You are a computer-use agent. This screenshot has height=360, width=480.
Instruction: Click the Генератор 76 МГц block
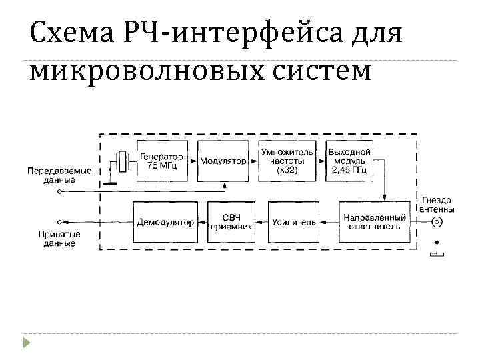(x=157, y=161)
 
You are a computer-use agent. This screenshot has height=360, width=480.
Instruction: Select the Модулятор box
(x=223, y=161)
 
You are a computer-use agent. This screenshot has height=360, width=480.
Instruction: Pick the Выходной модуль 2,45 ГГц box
(x=349, y=161)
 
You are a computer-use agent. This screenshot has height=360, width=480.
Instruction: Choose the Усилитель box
(x=293, y=221)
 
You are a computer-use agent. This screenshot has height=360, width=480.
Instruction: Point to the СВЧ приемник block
(x=230, y=221)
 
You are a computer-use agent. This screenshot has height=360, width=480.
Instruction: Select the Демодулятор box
(x=165, y=221)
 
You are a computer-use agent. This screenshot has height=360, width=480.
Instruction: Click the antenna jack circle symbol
(x=437, y=222)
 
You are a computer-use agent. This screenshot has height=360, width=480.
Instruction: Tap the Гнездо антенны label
(x=437, y=205)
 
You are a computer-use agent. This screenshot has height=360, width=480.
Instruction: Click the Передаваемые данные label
(x=59, y=175)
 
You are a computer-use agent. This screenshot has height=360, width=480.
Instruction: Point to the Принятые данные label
(x=59, y=239)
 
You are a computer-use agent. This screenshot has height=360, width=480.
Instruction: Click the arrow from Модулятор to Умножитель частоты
(x=253, y=161)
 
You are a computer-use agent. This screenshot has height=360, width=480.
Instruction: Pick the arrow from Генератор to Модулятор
(x=189, y=161)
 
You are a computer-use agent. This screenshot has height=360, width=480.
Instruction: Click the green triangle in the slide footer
(x=27, y=343)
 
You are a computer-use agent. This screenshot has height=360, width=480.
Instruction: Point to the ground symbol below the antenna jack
(x=437, y=251)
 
